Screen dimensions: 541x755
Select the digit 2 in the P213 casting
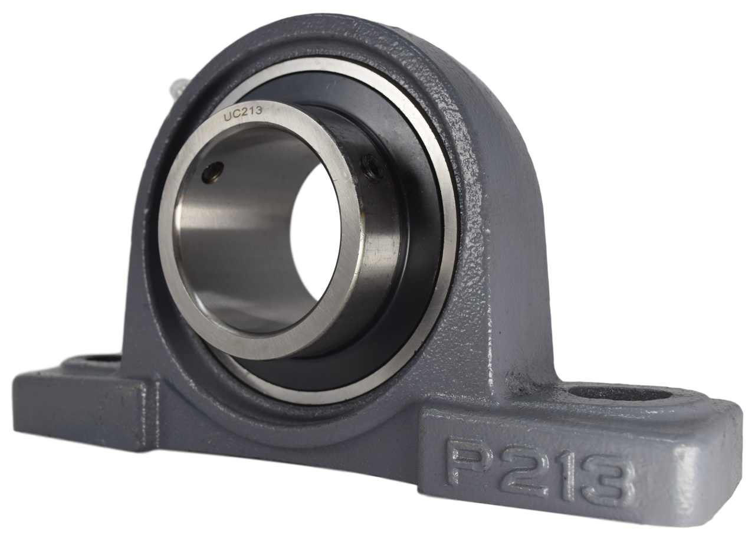(522, 470)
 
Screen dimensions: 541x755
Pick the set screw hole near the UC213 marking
(212, 172)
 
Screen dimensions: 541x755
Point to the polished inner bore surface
(236, 236)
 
